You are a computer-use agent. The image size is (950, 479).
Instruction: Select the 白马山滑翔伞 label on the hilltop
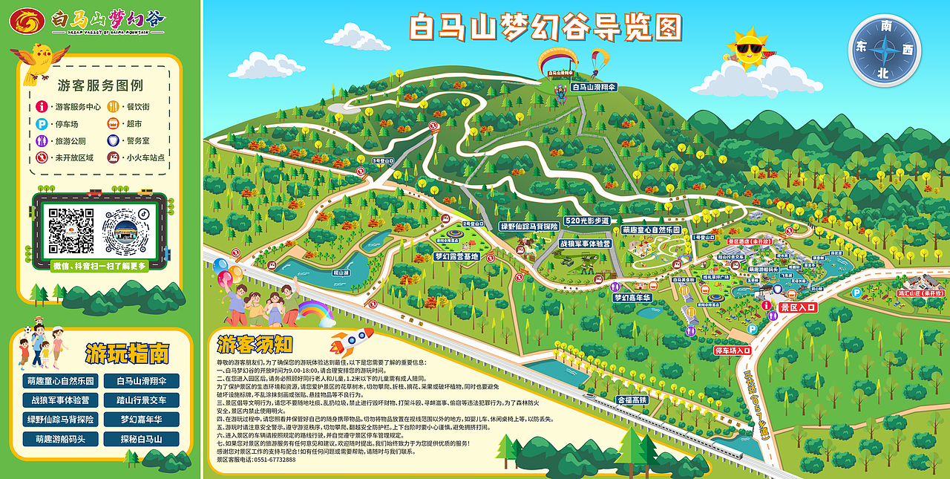[594, 87]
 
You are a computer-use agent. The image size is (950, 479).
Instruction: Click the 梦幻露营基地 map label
[457, 256]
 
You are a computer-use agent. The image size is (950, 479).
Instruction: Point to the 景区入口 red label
[798, 307]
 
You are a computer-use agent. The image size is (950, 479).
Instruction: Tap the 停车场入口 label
[733, 350]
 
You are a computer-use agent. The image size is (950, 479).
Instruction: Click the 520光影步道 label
[586, 221]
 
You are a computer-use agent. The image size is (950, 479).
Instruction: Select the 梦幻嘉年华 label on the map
[632, 297]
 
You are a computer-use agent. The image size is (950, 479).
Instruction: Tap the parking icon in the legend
[42, 124]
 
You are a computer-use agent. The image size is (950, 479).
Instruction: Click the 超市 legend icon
[114, 124]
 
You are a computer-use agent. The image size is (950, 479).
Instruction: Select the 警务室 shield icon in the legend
[114, 140]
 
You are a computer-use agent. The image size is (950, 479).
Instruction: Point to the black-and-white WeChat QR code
[71, 229]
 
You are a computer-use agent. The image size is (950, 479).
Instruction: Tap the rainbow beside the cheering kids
[315, 312]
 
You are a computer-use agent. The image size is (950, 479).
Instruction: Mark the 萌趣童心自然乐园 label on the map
[651, 230]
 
